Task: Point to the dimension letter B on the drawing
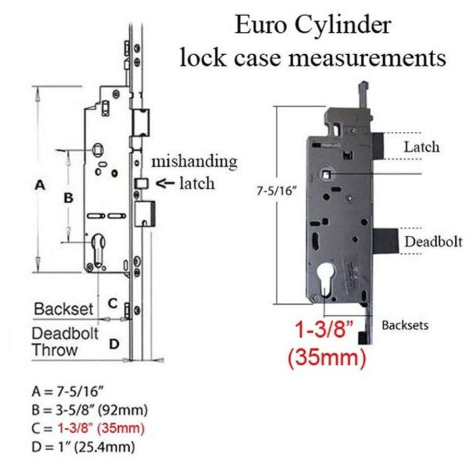(68, 199)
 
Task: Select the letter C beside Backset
(113, 302)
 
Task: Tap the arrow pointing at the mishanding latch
(166, 183)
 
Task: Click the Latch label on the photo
(422, 147)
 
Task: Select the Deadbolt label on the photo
(434, 242)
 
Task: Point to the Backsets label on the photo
(405, 326)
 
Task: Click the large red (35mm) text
(327, 358)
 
